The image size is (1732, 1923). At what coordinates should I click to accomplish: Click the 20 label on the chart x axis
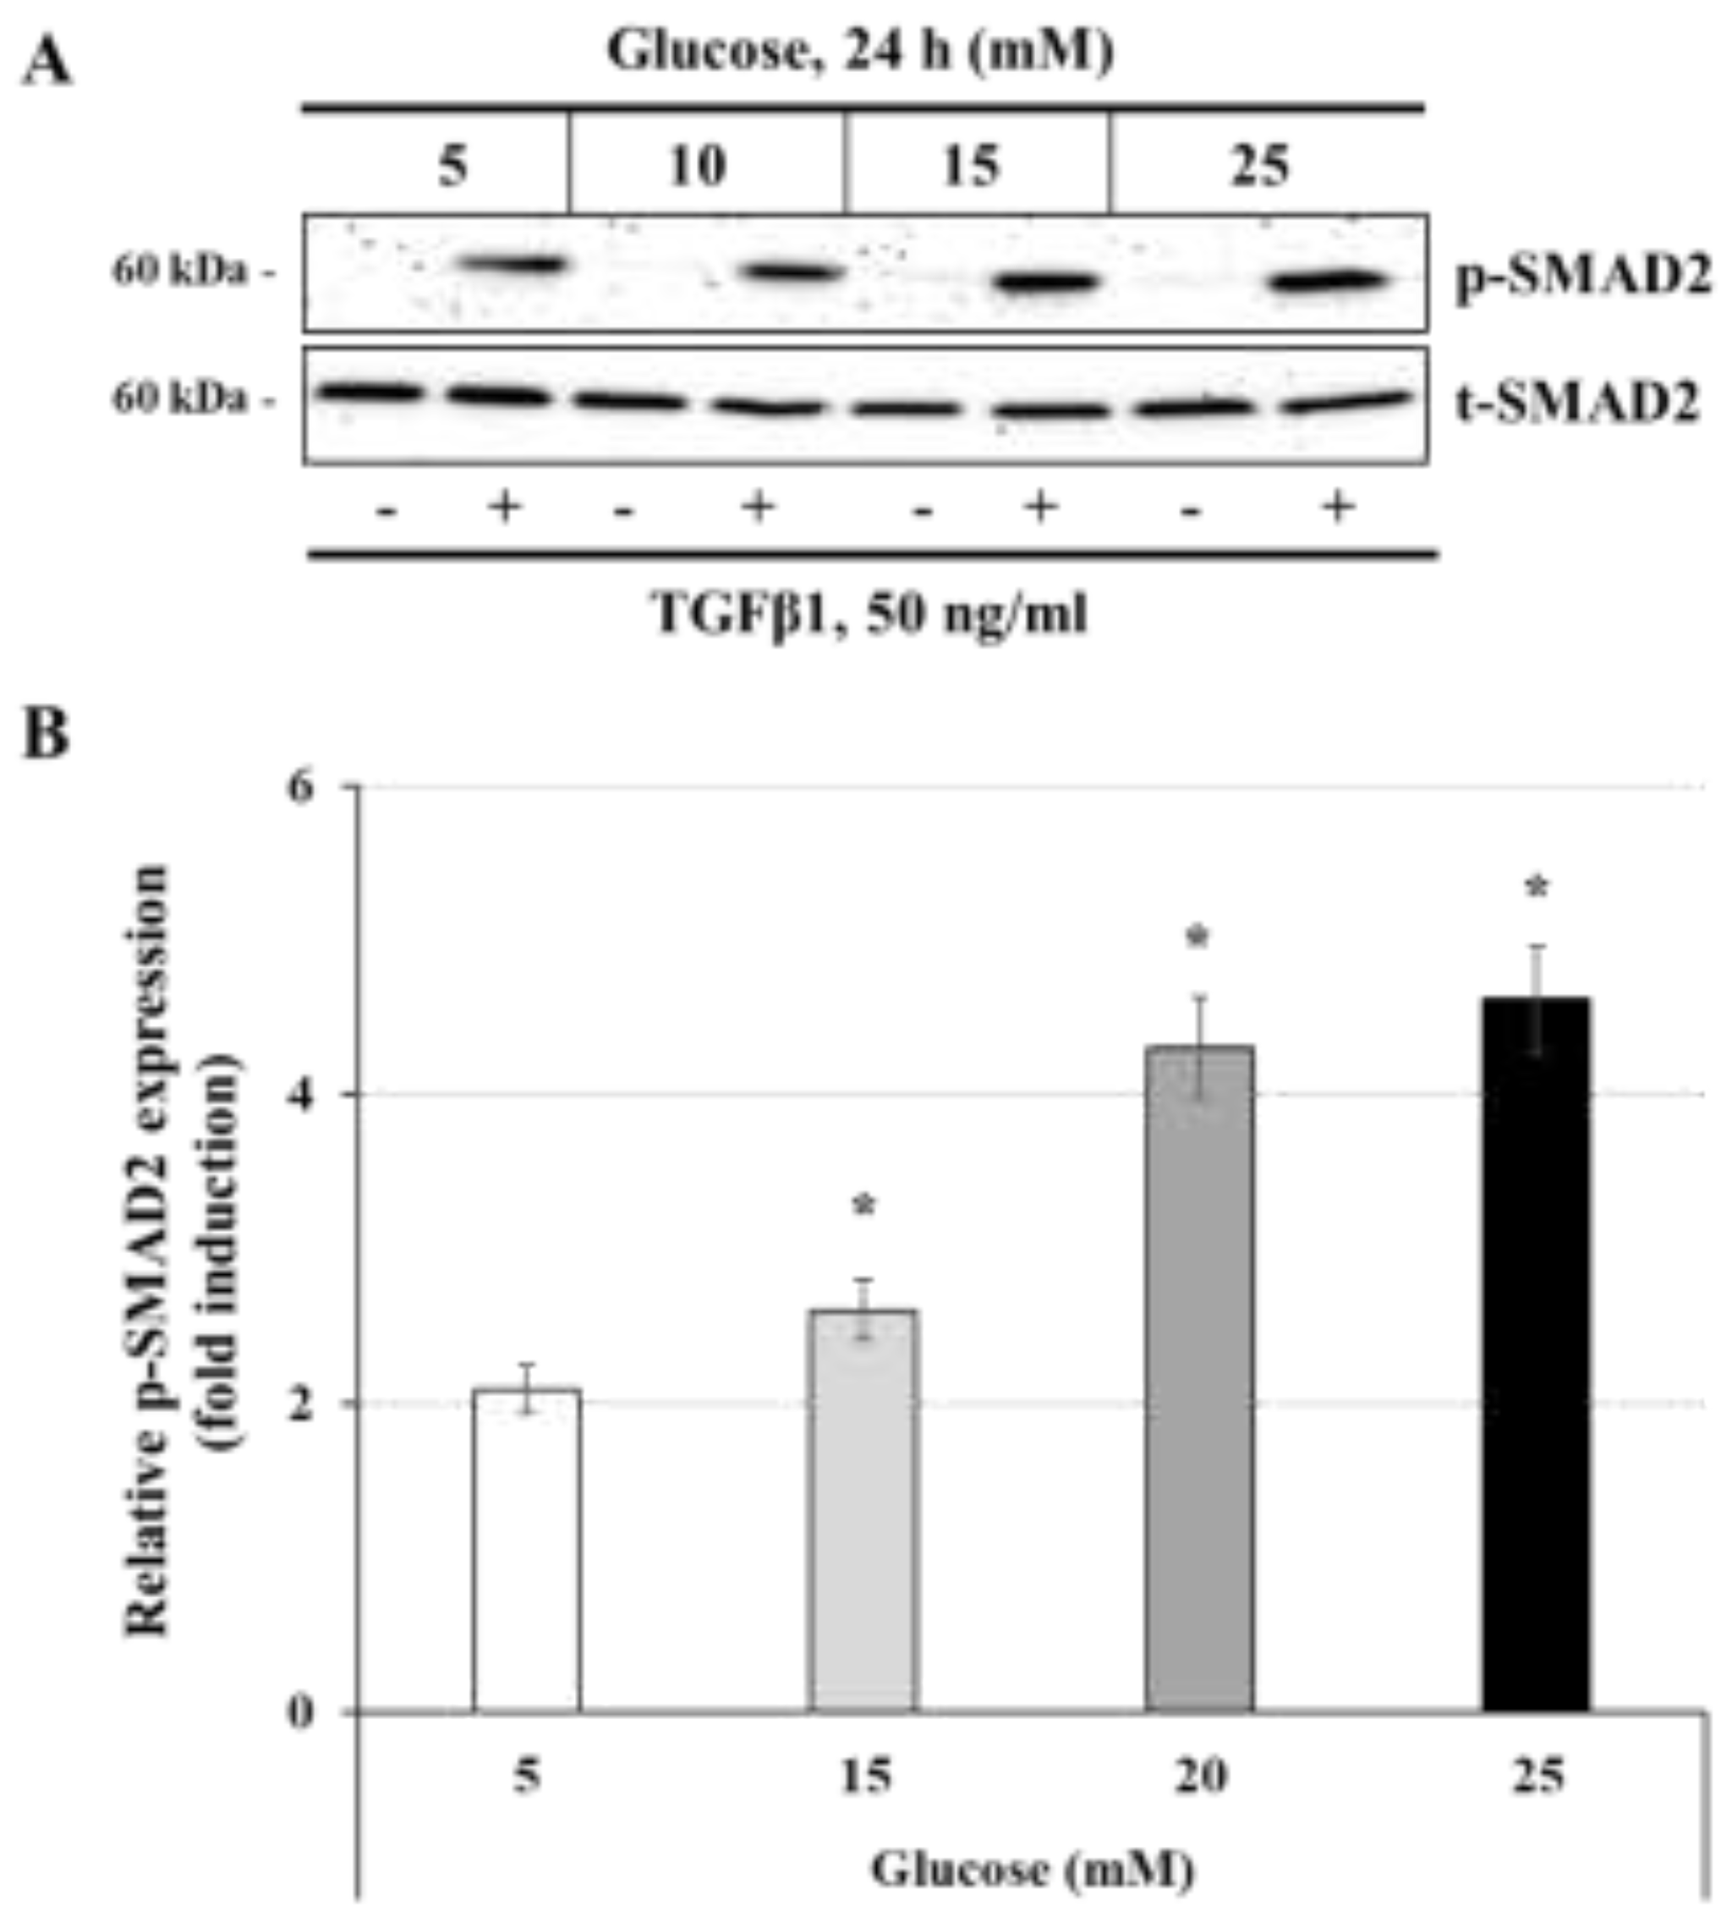pyautogui.click(x=1199, y=1777)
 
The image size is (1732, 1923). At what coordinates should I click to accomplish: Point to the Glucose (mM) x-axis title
pyautogui.click(x=1033, y=1869)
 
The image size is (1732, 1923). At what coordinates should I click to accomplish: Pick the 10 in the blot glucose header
pyautogui.click(x=698, y=166)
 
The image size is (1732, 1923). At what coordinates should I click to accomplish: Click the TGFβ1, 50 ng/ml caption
pyautogui.click(x=869, y=611)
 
